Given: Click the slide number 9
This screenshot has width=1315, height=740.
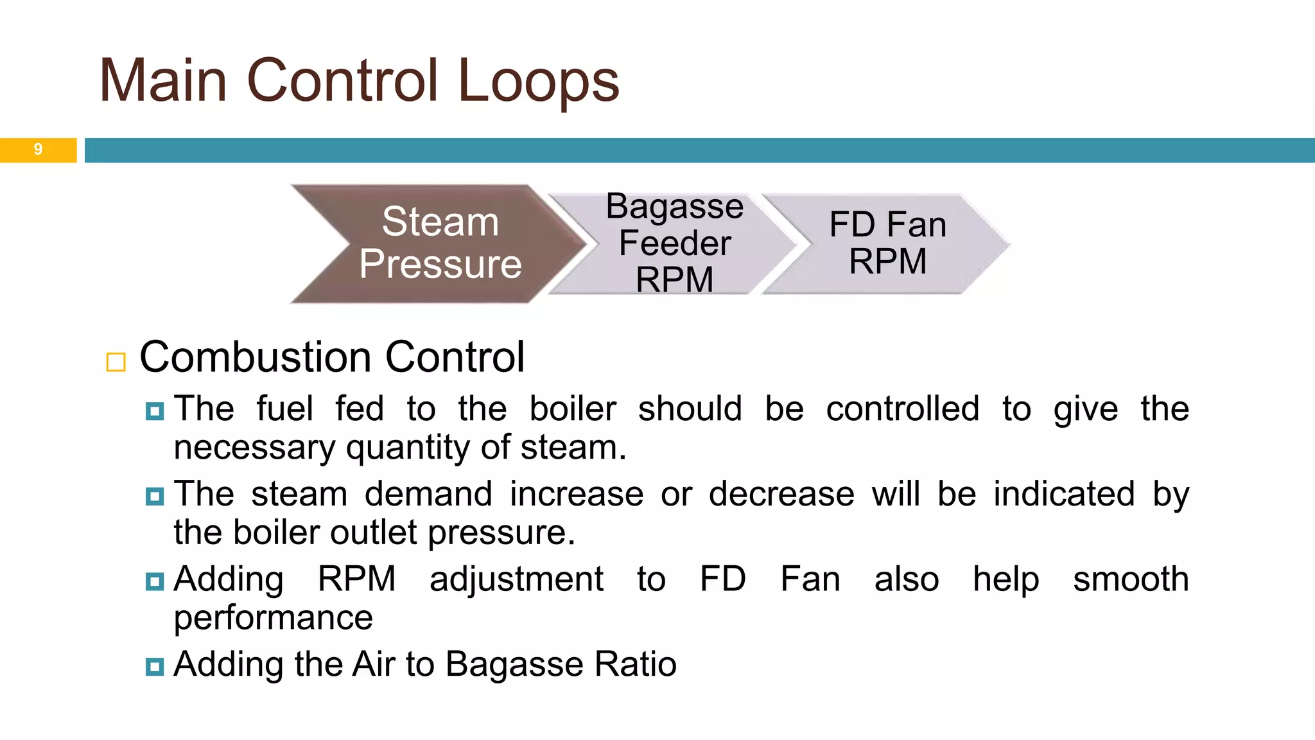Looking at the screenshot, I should pyautogui.click(x=38, y=150).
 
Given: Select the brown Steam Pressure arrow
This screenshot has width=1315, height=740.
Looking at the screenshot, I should pyautogui.click(x=440, y=243).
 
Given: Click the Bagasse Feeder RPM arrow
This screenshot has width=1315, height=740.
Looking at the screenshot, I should pyautogui.click(x=674, y=243).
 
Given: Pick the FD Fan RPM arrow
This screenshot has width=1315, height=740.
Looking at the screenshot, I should pyautogui.click(x=887, y=243).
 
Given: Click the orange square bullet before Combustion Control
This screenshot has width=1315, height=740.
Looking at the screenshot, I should pyautogui.click(x=116, y=362).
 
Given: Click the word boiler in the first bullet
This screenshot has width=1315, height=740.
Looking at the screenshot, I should pyautogui.click(x=572, y=409).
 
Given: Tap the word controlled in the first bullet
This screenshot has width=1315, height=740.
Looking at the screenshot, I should pyautogui.click(x=902, y=409).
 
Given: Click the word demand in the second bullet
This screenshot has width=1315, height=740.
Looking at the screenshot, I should pyautogui.click(x=428, y=494).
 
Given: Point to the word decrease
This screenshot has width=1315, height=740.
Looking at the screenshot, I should pyautogui.click(x=781, y=494).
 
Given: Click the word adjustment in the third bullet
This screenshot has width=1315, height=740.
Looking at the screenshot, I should pyautogui.click(x=516, y=579).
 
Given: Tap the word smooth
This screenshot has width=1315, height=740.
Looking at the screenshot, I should pyautogui.click(x=1131, y=579).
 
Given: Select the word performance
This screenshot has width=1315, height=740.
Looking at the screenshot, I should pyautogui.click(x=273, y=618).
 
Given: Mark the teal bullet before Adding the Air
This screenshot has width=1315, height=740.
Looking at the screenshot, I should pyautogui.click(x=155, y=666).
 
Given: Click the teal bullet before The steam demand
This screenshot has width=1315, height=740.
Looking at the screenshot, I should pyautogui.click(x=155, y=496).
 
